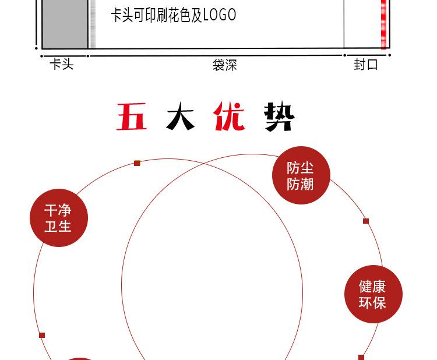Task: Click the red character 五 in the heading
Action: (132, 117)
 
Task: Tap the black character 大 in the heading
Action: (180, 116)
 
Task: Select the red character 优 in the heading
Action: (229, 116)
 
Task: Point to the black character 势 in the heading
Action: (279, 116)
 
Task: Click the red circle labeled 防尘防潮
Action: (301, 175)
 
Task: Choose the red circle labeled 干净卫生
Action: (59, 218)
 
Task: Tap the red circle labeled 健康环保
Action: (373, 294)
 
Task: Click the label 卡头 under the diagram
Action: (62, 64)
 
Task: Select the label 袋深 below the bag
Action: (225, 65)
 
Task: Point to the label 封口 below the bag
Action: (366, 65)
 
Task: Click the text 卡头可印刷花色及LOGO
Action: (174, 15)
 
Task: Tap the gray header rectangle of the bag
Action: (65, 24)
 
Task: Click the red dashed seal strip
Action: (384, 24)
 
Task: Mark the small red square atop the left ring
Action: (137, 163)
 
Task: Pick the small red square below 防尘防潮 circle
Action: (366, 221)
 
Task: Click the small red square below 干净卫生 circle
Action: (42, 335)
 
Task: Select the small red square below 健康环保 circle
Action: (361, 357)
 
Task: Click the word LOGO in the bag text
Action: (220, 15)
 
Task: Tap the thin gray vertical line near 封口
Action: (344, 24)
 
